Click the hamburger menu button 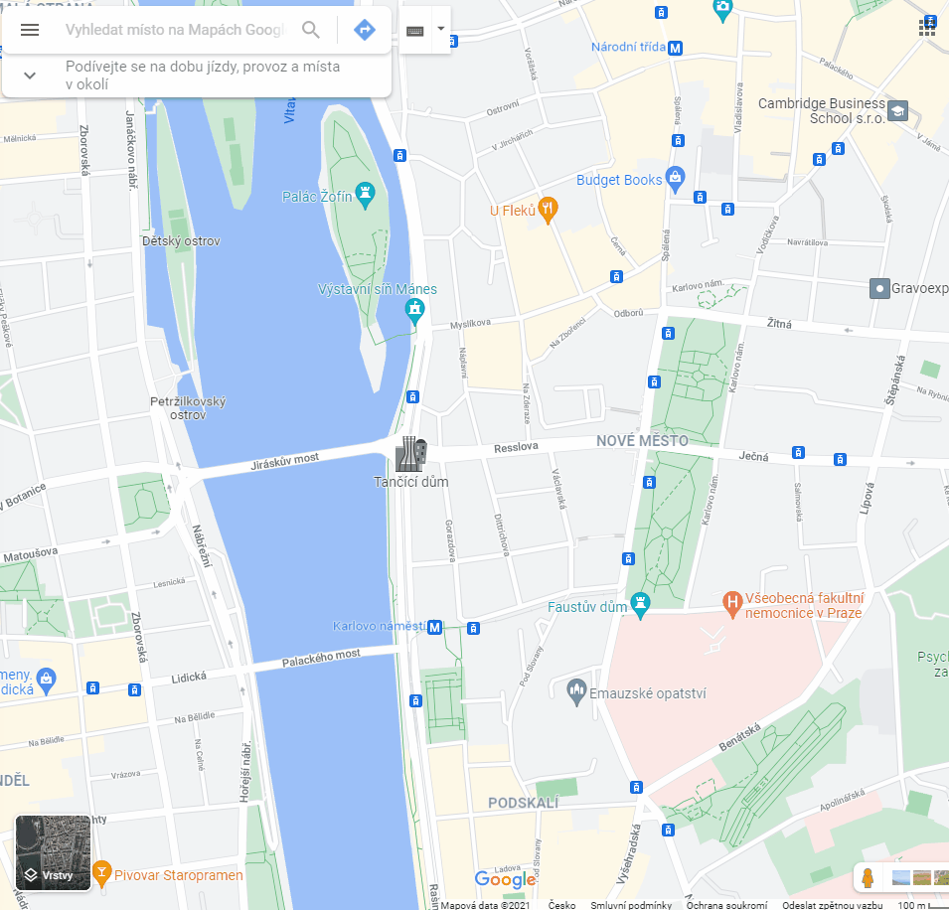(x=30, y=30)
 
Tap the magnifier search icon (x=311, y=30)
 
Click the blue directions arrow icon (x=365, y=30)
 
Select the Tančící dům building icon (x=410, y=454)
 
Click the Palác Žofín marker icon (x=368, y=190)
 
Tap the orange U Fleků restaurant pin (x=547, y=208)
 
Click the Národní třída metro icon (x=676, y=47)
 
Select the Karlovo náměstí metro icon (x=434, y=627)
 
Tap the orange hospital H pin (x=732, y=600)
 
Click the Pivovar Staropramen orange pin (x=101, y=872)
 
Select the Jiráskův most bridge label (x=285, y=460)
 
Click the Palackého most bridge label (x=321, y=657)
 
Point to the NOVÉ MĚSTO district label (x=636, y=440)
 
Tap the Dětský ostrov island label (x=181, y=240)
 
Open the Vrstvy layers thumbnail (x=54, y=852)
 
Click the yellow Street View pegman (x=868, y=878)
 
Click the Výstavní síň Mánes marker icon (x=415, y=312)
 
